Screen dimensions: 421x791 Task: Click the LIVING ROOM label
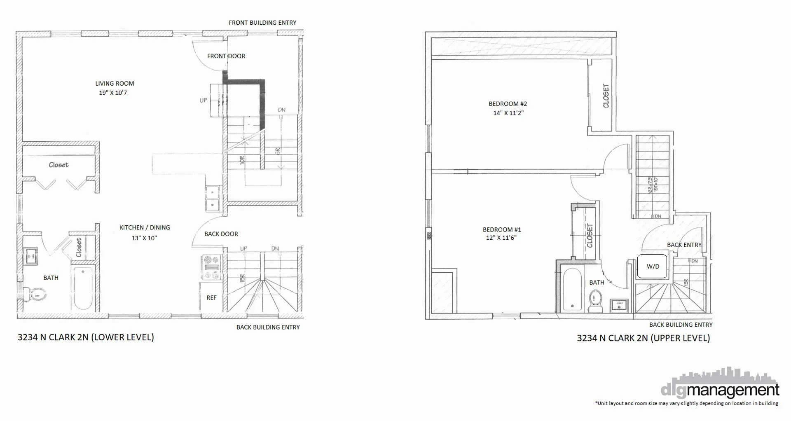[x=115, y=84]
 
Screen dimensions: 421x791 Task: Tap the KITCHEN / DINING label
[x=145, y=227]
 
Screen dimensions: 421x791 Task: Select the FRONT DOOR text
[x=226, y=56]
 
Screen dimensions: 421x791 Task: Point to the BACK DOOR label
[x=221, y=234]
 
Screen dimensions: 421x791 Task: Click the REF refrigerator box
[x=211, y=297]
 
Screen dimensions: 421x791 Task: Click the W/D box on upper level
[x=653, y=266]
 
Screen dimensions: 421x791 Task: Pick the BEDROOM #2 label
[x=508, y=104]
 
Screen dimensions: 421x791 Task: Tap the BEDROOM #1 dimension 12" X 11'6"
[x=501, y=238]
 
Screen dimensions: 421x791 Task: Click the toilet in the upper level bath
[x=595, y=301]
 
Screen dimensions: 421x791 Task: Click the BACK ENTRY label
[x=684, y=245]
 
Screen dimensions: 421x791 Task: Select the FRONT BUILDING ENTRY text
[x=262, y=23]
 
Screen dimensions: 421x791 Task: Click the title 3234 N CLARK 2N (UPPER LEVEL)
[x=643, y=338]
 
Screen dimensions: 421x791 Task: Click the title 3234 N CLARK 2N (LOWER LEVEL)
[x=86, y=337]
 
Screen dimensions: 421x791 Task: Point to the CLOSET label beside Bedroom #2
[x=606, y=96]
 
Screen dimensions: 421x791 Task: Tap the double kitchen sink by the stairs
[x=213, y=198]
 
